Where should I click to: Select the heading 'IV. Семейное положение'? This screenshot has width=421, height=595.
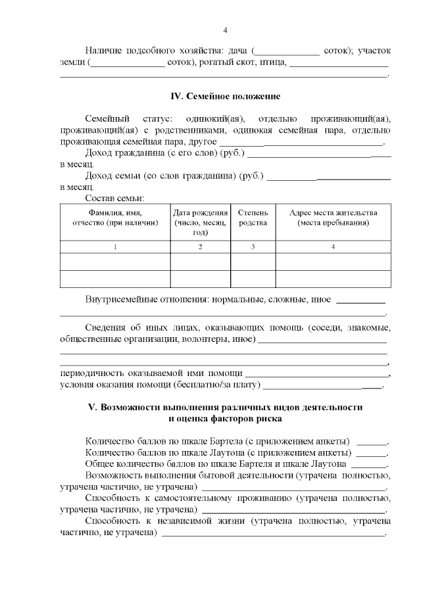(x=225, y=97)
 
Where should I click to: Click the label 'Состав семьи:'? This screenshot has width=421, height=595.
(x=115, y=197)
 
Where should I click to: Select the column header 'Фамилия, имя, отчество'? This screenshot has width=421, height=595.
(x=115, y=218)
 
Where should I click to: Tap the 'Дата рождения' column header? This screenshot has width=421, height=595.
(x=201, y=222)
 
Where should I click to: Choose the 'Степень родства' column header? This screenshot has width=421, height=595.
(x=253, y=218)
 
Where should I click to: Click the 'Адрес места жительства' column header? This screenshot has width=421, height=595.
(x=333, y=218)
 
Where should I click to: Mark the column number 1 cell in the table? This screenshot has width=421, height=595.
(x=115, y=247)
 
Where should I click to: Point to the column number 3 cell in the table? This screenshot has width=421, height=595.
(x=253, y=247)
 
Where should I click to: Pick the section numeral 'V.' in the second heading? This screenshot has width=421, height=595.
(x=93, y=408)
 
